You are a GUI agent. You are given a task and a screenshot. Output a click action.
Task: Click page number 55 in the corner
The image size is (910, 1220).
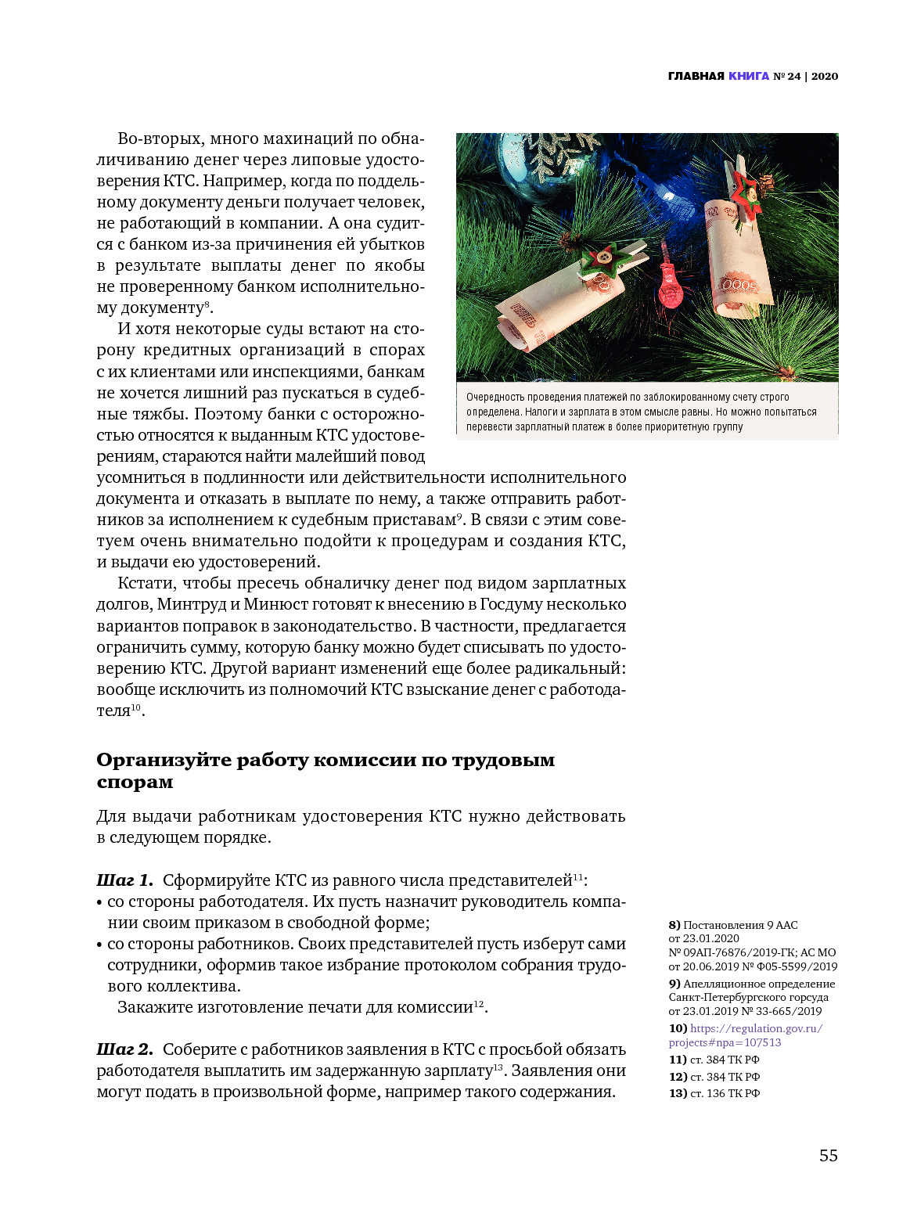[x=828, y=1155]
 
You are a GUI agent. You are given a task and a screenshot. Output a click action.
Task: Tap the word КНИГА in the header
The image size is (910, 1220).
[x=749, y=76]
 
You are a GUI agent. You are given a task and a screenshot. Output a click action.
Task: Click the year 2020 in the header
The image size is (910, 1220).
[x=824, y=76]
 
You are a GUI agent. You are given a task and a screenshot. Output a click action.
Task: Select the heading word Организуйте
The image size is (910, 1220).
[x=163, y=760]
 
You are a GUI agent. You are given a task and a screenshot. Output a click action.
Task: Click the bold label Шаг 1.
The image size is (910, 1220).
[x=124, y=880]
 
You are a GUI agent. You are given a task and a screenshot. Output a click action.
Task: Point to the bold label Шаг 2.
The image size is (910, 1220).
[x=124, y=1049]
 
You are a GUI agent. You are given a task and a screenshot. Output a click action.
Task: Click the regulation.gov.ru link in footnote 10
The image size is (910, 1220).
[x=756, y=1028]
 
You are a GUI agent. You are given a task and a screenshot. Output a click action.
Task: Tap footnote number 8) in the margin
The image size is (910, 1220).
[x=674, y=925]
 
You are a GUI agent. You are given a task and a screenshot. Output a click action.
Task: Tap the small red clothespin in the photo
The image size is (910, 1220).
[x=669, y=282]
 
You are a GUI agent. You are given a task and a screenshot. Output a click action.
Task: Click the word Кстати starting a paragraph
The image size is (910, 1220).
[x=146, y=583]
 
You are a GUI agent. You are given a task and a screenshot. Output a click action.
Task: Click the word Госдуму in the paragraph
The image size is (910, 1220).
[x=510, y=604]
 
